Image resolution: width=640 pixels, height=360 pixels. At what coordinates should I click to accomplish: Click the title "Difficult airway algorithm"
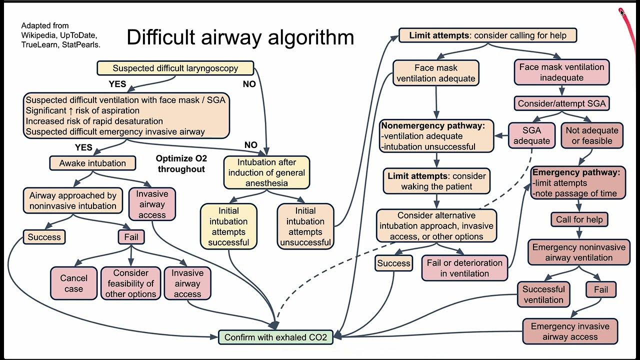[240, 37]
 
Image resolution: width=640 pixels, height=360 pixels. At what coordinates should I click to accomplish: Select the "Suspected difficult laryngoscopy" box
[175, 68]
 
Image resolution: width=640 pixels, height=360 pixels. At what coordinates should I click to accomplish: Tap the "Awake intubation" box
[93, 163]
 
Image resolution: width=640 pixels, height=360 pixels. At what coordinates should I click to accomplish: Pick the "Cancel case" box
[73, 283]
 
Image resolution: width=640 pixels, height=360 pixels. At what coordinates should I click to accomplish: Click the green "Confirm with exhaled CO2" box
[275, 337]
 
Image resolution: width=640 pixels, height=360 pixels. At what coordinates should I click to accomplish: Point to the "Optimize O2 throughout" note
[181, 163]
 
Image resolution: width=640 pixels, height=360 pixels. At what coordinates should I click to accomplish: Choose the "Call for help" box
[579, 219]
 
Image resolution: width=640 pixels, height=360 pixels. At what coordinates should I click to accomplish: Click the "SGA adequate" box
[531, 135]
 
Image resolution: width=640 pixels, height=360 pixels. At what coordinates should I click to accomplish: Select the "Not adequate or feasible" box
[592, 135]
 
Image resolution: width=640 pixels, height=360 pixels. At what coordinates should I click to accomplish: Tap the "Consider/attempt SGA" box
[561, 104]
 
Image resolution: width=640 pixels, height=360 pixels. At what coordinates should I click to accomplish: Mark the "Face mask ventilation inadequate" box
[561, 72]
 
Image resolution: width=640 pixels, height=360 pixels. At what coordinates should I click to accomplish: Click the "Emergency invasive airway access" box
[570, 331]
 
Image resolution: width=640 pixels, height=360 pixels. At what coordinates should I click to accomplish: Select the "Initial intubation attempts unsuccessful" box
[305, 227]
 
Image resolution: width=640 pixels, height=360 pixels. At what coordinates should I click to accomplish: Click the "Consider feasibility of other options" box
[131, 283]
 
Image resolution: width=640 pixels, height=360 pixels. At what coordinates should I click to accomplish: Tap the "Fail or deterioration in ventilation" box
[464, 268]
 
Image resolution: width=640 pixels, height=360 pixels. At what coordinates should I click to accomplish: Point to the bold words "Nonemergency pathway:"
[433, 126]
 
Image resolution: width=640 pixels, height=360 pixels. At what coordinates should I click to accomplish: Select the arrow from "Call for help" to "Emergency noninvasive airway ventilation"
[579, 232]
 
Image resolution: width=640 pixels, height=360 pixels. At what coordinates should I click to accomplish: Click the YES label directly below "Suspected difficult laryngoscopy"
[117, 84]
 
